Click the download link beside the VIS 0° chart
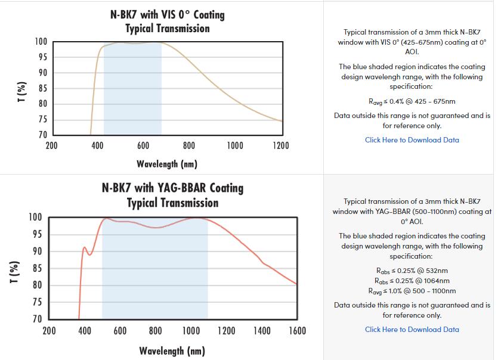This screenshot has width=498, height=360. coord(412,140)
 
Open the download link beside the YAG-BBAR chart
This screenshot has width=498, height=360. coord(412,330)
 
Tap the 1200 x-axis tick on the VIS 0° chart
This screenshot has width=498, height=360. coord(280,145)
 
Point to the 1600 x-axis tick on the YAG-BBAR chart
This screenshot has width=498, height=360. coord(297,331)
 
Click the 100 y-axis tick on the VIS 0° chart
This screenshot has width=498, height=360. coord(41,42)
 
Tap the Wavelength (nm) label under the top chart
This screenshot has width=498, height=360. coord(167,163)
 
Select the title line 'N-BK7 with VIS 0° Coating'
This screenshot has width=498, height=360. coord(168,14)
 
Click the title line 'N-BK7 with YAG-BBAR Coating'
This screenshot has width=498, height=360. coord(172,188)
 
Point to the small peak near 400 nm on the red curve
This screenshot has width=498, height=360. coord(84,247)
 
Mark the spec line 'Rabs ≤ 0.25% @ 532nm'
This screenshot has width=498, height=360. coord(412,271)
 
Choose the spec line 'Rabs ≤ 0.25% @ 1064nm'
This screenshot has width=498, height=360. coord(412,281)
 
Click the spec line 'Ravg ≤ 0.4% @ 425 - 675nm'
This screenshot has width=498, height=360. coord(412,101)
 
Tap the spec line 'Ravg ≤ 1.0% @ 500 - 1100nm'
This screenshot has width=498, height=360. coord(412,291)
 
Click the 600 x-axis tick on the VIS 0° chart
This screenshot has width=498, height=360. coord(143,145)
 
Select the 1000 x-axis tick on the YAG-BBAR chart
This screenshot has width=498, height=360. coord(191,331)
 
